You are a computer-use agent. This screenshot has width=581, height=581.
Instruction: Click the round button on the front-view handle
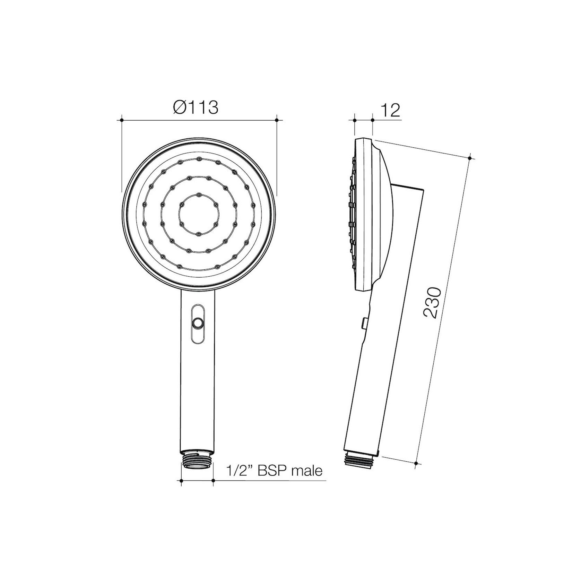198,323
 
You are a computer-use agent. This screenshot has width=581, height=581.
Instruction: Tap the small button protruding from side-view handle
364,323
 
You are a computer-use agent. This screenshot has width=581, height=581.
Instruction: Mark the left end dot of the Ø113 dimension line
122,120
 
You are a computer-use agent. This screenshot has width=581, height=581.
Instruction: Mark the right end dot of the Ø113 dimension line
276,120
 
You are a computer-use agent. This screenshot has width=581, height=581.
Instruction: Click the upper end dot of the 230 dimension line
469,158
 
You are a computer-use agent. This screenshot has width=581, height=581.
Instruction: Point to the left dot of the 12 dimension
355,120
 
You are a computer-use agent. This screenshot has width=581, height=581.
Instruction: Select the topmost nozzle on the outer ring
199,159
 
